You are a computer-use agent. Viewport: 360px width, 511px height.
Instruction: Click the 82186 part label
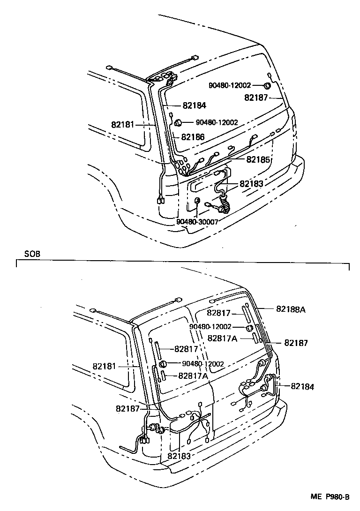pos(193,137)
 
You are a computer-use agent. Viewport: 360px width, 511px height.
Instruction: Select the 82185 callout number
pos(259,159)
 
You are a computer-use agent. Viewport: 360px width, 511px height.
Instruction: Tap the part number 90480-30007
pos(197,222)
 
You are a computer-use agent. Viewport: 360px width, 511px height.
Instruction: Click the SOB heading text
pos(32,254)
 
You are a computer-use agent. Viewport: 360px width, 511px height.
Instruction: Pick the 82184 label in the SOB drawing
pos(302,386)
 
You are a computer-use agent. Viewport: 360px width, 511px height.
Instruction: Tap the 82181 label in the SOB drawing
pos(104,366)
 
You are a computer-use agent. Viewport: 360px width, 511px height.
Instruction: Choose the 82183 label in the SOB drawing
pos(179,456)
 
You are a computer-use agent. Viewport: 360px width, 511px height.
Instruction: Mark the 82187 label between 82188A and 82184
pos(296,343)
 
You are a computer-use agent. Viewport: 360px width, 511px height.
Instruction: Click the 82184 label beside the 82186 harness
pos(195,106)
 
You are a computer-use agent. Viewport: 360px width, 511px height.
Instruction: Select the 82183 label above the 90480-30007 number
pos(252,184)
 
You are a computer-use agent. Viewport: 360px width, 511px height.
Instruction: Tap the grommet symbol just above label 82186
pos(178,123)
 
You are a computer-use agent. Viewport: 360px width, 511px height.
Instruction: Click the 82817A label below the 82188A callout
pos(222,338)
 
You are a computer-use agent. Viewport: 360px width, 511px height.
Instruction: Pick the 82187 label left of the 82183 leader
pos(128,408)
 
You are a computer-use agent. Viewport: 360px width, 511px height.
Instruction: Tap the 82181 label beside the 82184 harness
pos(123,125)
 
